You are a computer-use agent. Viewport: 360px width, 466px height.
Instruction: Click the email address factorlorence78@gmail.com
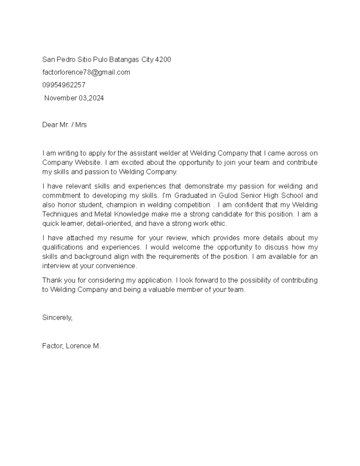tap(86, 72)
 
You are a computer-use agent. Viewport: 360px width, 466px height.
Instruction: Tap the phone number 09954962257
tap(64, 85)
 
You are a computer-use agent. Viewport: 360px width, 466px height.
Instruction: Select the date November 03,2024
tap(74, 98)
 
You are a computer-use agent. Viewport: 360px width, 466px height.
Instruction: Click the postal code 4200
tap(163, 60)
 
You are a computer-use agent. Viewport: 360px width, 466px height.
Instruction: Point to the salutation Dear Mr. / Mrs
tap(64, 125)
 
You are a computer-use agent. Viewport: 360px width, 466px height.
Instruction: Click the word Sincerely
tap(57, 317)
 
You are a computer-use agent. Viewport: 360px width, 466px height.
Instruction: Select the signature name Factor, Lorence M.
tap(71, 346)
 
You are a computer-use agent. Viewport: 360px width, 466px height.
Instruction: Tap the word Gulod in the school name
tap(227, 196)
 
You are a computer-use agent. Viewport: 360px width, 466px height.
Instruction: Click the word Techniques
tap(60, 214)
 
